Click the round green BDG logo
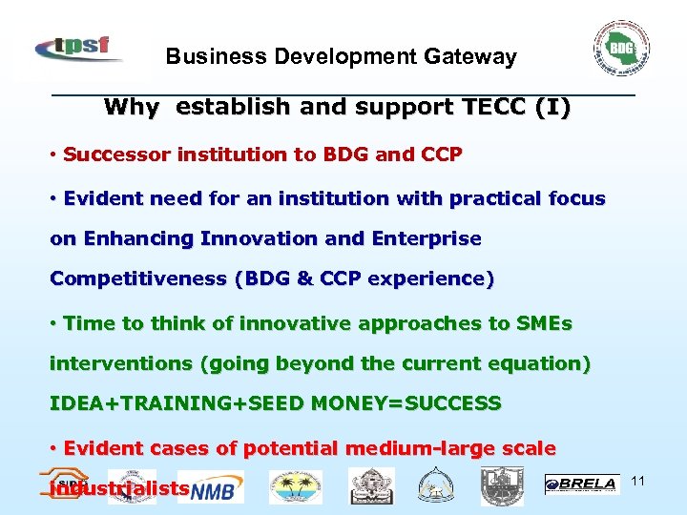pos(621,47)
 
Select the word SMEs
pos(544,323)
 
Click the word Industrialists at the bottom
pos(119,489)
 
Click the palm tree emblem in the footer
pos(295,486)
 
